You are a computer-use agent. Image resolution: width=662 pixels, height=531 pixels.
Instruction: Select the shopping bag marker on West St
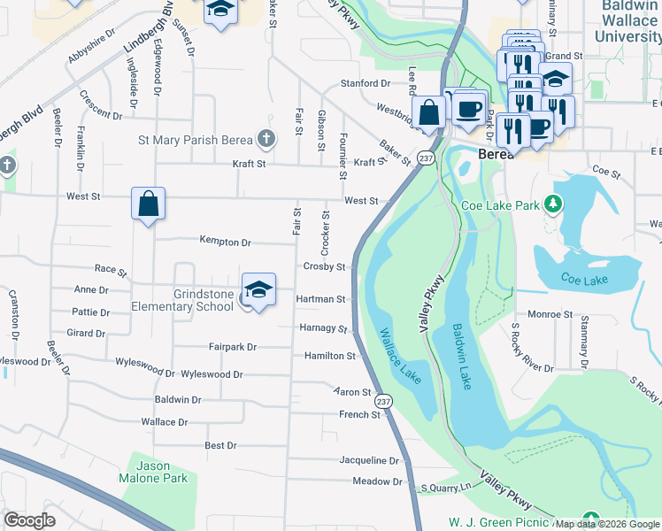(x=148, y=204)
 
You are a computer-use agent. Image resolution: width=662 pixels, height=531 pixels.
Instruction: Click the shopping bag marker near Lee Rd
(x=429, y=112)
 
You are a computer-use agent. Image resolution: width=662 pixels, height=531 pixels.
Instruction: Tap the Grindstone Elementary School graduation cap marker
(x=258, y=289)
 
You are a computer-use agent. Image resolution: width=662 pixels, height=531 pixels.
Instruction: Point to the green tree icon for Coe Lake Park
(x=554, y=205)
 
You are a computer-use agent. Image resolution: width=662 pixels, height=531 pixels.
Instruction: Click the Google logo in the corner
(x=29, y=519)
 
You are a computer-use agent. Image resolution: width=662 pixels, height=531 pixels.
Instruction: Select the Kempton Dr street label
(x=225, y=241)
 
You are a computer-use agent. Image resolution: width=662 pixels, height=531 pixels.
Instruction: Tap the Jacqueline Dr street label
(x=370, y=460)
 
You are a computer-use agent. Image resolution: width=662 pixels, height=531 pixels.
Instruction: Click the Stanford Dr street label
(x=366, y=83)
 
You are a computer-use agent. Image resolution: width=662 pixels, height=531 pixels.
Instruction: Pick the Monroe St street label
(x=550, y=314)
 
